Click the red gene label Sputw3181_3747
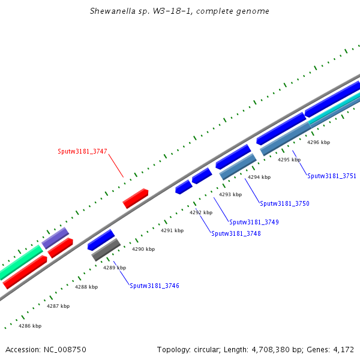[x=82, y=152]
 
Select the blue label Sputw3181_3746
[x=154, y=286]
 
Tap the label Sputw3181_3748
[x=236, y=233]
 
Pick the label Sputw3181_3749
[x=254, y=222]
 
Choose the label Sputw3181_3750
[x=284, y=203]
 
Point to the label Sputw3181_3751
[x=332, y=176]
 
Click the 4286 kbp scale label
[x=30, y=326]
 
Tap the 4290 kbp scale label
[x=143, y=249]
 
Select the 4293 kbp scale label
[x=230, y=194]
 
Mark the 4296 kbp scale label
[x=319, y=142]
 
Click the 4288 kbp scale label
[x=86, y=287]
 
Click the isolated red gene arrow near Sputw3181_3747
[x=136, y=198]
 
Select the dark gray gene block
[x=106, y=250]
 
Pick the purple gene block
[x=55, y=238]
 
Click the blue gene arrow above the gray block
[x=100, y=239]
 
